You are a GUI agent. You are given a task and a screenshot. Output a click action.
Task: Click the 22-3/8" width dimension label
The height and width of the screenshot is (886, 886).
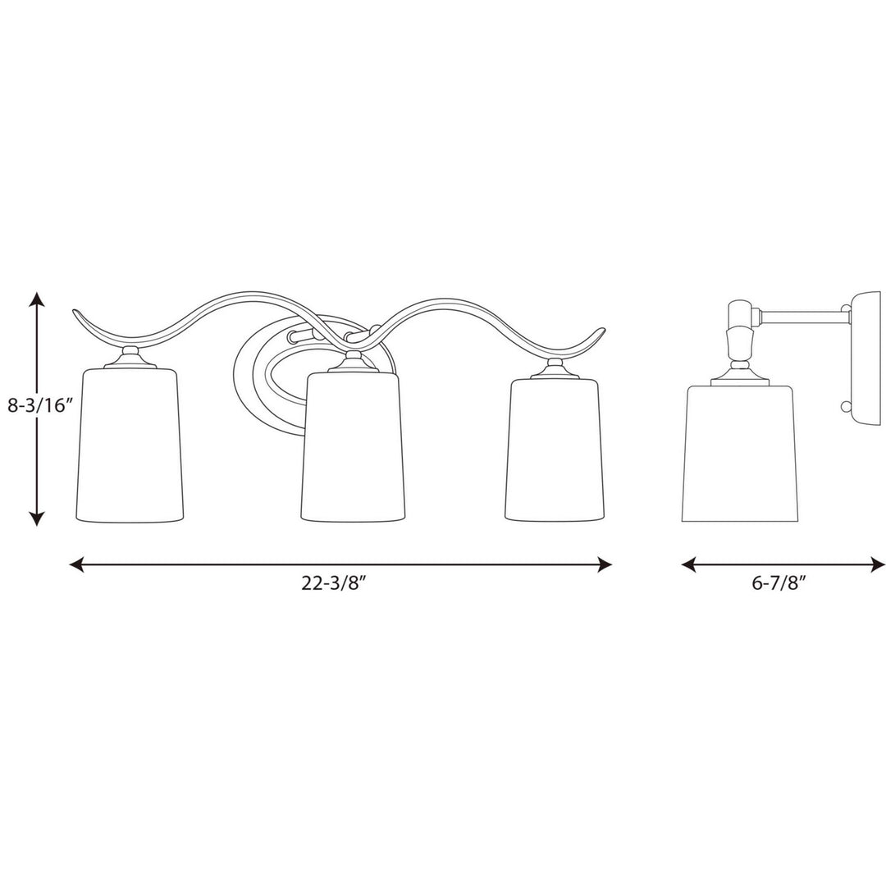point(340,584)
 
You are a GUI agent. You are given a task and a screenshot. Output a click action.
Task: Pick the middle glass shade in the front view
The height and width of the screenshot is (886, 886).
point(353,447)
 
